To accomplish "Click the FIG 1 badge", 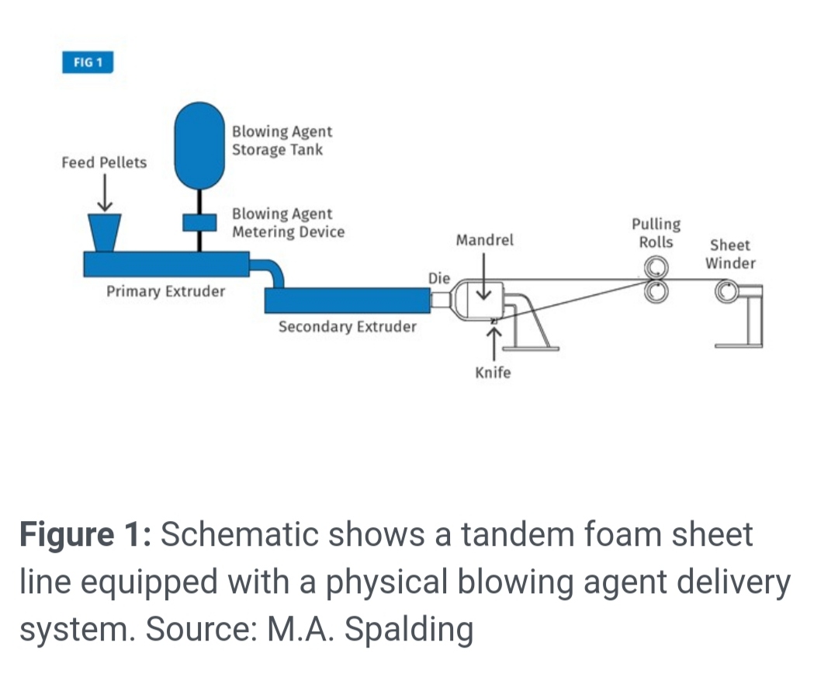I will pos(88,62).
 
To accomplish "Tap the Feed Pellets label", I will pos(104,162).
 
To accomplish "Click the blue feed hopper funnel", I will pos(104,231).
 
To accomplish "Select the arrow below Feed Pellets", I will pos(104,193).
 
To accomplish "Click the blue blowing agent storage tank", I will pos(200,147).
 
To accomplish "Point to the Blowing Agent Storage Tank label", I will pos(281,141).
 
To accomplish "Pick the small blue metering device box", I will pos(199,222).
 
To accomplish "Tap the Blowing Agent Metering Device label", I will pos(287,223).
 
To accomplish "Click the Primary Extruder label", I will pos(165,292).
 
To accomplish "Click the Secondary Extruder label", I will pos(347,327).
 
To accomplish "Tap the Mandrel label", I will pos(484,240).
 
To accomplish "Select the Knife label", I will pos(493,373).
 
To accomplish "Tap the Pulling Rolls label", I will pos(656,233).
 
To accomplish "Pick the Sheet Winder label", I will pos(729,254).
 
